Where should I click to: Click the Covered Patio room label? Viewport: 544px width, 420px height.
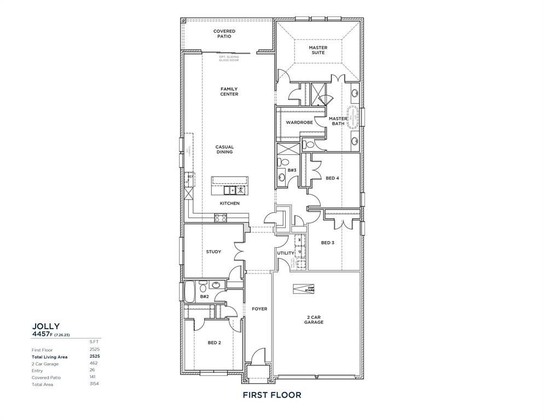224,34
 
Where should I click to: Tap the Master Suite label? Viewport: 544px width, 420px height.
318,50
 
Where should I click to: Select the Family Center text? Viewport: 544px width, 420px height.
229,91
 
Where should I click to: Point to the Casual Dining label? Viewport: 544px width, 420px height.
224,149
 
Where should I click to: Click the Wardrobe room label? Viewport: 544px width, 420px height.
299,122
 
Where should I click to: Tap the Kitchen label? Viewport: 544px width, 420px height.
230,203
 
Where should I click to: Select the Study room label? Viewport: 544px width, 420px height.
213,252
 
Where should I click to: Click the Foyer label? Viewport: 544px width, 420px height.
259,309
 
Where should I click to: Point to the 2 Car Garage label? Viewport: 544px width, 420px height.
314,319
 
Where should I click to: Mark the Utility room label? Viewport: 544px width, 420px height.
285,253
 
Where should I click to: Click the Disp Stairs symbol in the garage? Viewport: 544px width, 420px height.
304,289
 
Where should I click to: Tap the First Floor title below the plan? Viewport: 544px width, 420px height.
272,395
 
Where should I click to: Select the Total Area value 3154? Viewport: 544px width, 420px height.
94,384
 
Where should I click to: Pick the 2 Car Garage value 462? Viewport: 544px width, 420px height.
94,363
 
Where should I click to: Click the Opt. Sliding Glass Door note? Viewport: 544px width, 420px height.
229,59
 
